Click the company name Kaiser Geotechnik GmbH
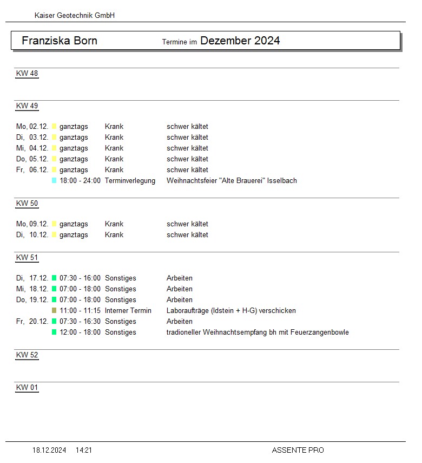75,16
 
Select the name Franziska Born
60,41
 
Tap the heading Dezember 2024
240,41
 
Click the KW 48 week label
27,74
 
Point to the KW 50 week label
27,204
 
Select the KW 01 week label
27,388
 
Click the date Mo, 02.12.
32,127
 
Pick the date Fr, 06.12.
32,170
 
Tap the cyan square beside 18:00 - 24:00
54,181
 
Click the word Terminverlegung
130,181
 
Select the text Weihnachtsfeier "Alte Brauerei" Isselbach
232,181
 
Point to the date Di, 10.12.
32,235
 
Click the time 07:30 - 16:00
80,278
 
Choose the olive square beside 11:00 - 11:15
54,311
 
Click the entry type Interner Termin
128,311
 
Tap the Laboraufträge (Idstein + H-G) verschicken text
231,311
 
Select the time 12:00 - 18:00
80,332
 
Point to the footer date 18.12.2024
49,450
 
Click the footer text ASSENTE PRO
298,450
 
